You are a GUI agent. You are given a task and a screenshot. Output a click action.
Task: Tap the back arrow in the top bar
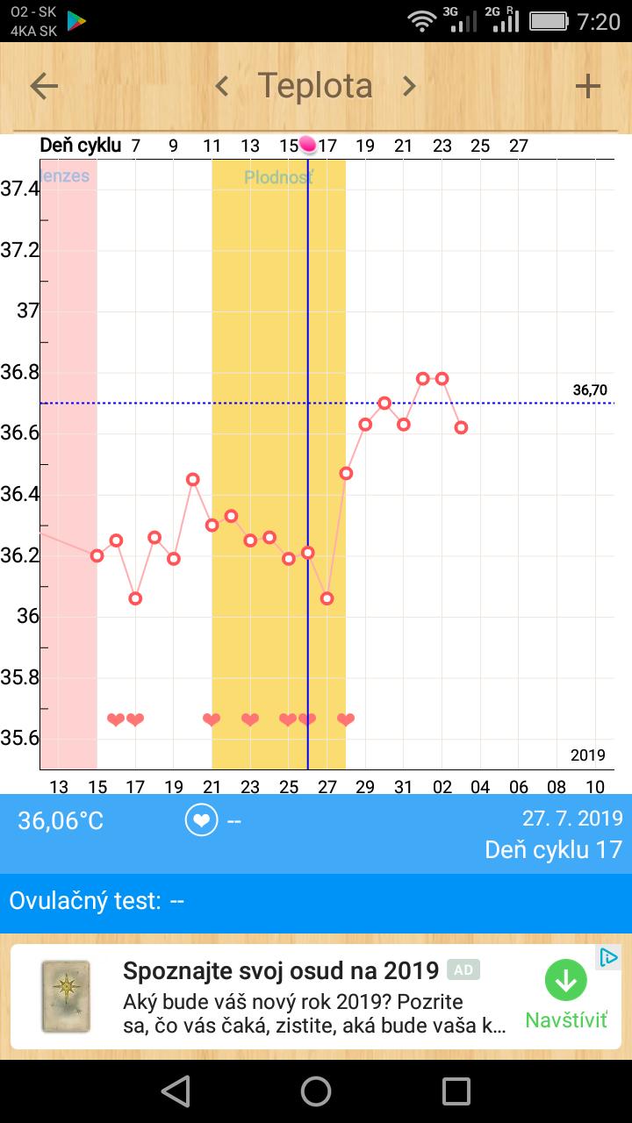[x=44, y=86]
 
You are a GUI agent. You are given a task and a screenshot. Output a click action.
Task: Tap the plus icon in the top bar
[x=587, y=86]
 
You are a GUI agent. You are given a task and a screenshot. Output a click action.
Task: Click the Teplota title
[x=315, y=86]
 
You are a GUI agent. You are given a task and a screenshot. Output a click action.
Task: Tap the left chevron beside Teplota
[x=222, y=86]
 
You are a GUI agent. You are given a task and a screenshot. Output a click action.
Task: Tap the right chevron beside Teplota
[x=409, y=86]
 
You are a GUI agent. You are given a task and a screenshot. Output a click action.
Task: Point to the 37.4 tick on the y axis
[x=20, y=189]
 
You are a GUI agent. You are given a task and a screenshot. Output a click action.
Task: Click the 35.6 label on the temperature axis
[x=20, y=738]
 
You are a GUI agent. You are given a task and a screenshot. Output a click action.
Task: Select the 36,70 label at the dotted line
[x=590, y=390]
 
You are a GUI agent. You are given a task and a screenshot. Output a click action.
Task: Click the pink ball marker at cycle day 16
[x=307, y=145]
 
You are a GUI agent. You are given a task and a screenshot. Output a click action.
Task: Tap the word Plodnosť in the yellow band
[x=278, y=177]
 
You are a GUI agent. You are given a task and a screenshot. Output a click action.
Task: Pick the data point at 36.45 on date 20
[x=193, y=479]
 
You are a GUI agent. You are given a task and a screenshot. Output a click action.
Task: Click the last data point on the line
[x=462, y=427]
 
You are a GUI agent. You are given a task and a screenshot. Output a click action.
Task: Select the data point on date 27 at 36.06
[x=327, y=598]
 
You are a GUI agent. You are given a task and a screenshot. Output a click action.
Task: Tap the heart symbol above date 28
[x=346, y=720]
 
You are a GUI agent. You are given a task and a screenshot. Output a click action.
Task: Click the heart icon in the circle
[x=202, y=820]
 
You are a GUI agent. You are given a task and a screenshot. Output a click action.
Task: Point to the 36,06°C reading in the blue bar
[x=61, y=821]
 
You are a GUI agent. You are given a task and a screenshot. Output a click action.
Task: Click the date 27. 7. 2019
[x=572, y=819]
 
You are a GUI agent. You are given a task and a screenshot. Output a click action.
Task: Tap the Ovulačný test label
[x=85, y=901]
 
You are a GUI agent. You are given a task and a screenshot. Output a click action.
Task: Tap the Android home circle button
[x=316, y=1091]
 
